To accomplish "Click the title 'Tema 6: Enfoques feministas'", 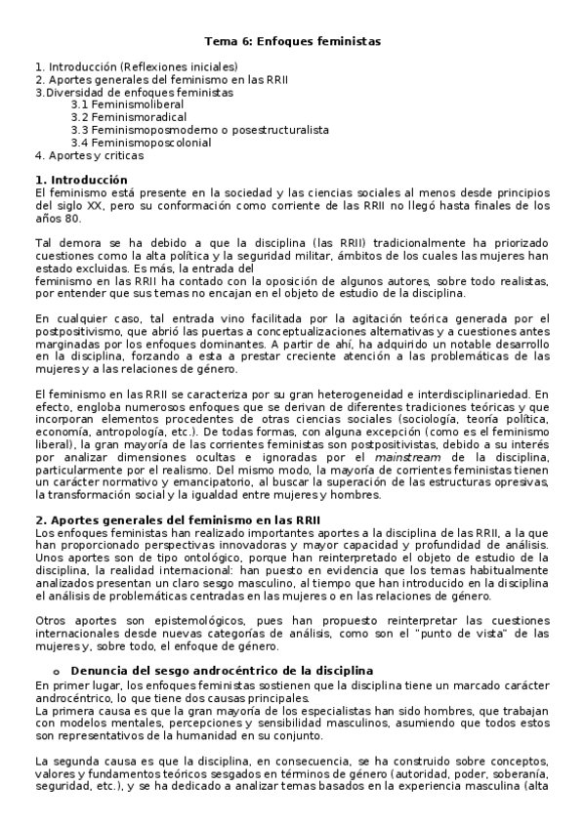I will [292, 42].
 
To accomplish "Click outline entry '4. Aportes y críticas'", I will [89, 154].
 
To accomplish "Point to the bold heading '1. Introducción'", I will [81, 181].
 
